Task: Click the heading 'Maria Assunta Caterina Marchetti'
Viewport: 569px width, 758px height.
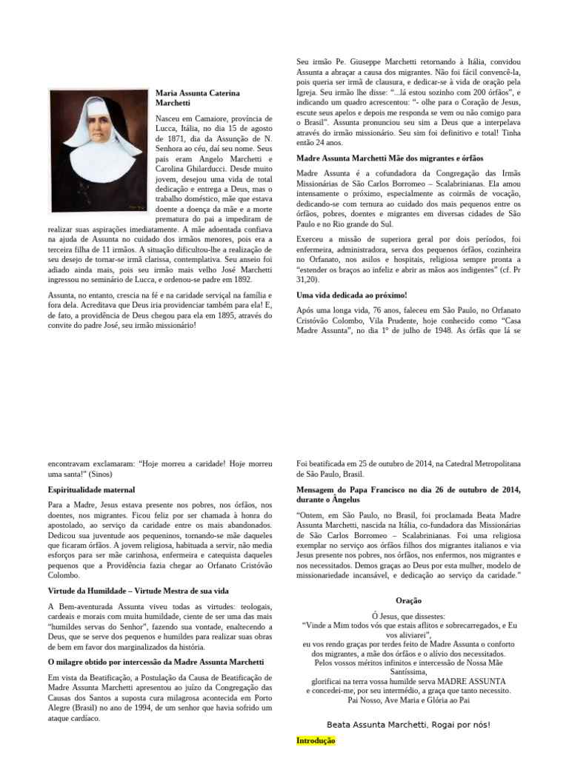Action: click(x=198, y=98)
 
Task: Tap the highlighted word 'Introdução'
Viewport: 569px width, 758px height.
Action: click(x=316, y=740)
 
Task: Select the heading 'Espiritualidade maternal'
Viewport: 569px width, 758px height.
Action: click(x=91, y=490)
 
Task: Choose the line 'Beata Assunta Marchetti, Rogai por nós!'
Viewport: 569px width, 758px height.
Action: click(x=408, y=725)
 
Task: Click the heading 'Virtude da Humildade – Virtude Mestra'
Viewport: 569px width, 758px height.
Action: click(x=138, y=591)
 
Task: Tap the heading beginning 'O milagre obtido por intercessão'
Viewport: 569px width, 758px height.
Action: click(x=156, y=661)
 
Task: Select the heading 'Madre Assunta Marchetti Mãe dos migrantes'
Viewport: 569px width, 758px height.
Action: click(x=389, y=158)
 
